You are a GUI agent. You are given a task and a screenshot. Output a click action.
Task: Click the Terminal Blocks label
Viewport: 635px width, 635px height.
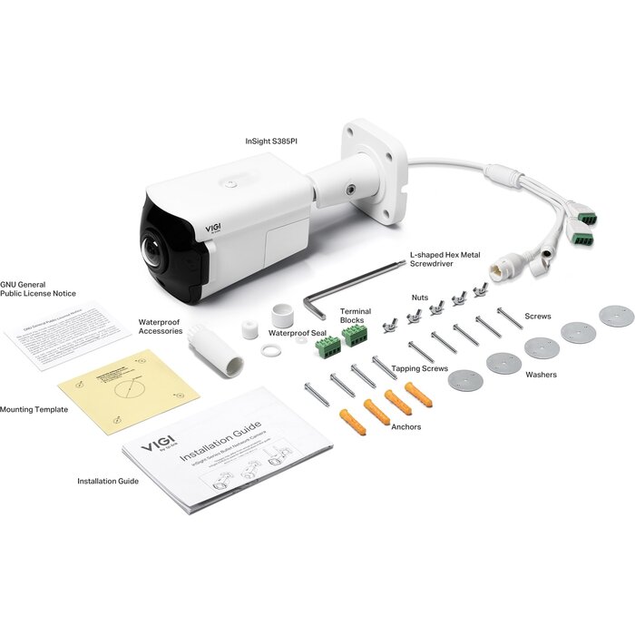355,316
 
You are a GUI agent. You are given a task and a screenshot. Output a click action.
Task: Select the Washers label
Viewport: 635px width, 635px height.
542,374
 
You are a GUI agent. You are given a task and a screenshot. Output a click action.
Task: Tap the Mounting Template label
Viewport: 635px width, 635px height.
34,409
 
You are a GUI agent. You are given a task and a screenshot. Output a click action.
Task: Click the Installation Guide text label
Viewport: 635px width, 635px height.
108,481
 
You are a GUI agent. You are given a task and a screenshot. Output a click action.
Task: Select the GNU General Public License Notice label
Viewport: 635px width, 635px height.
38,288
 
